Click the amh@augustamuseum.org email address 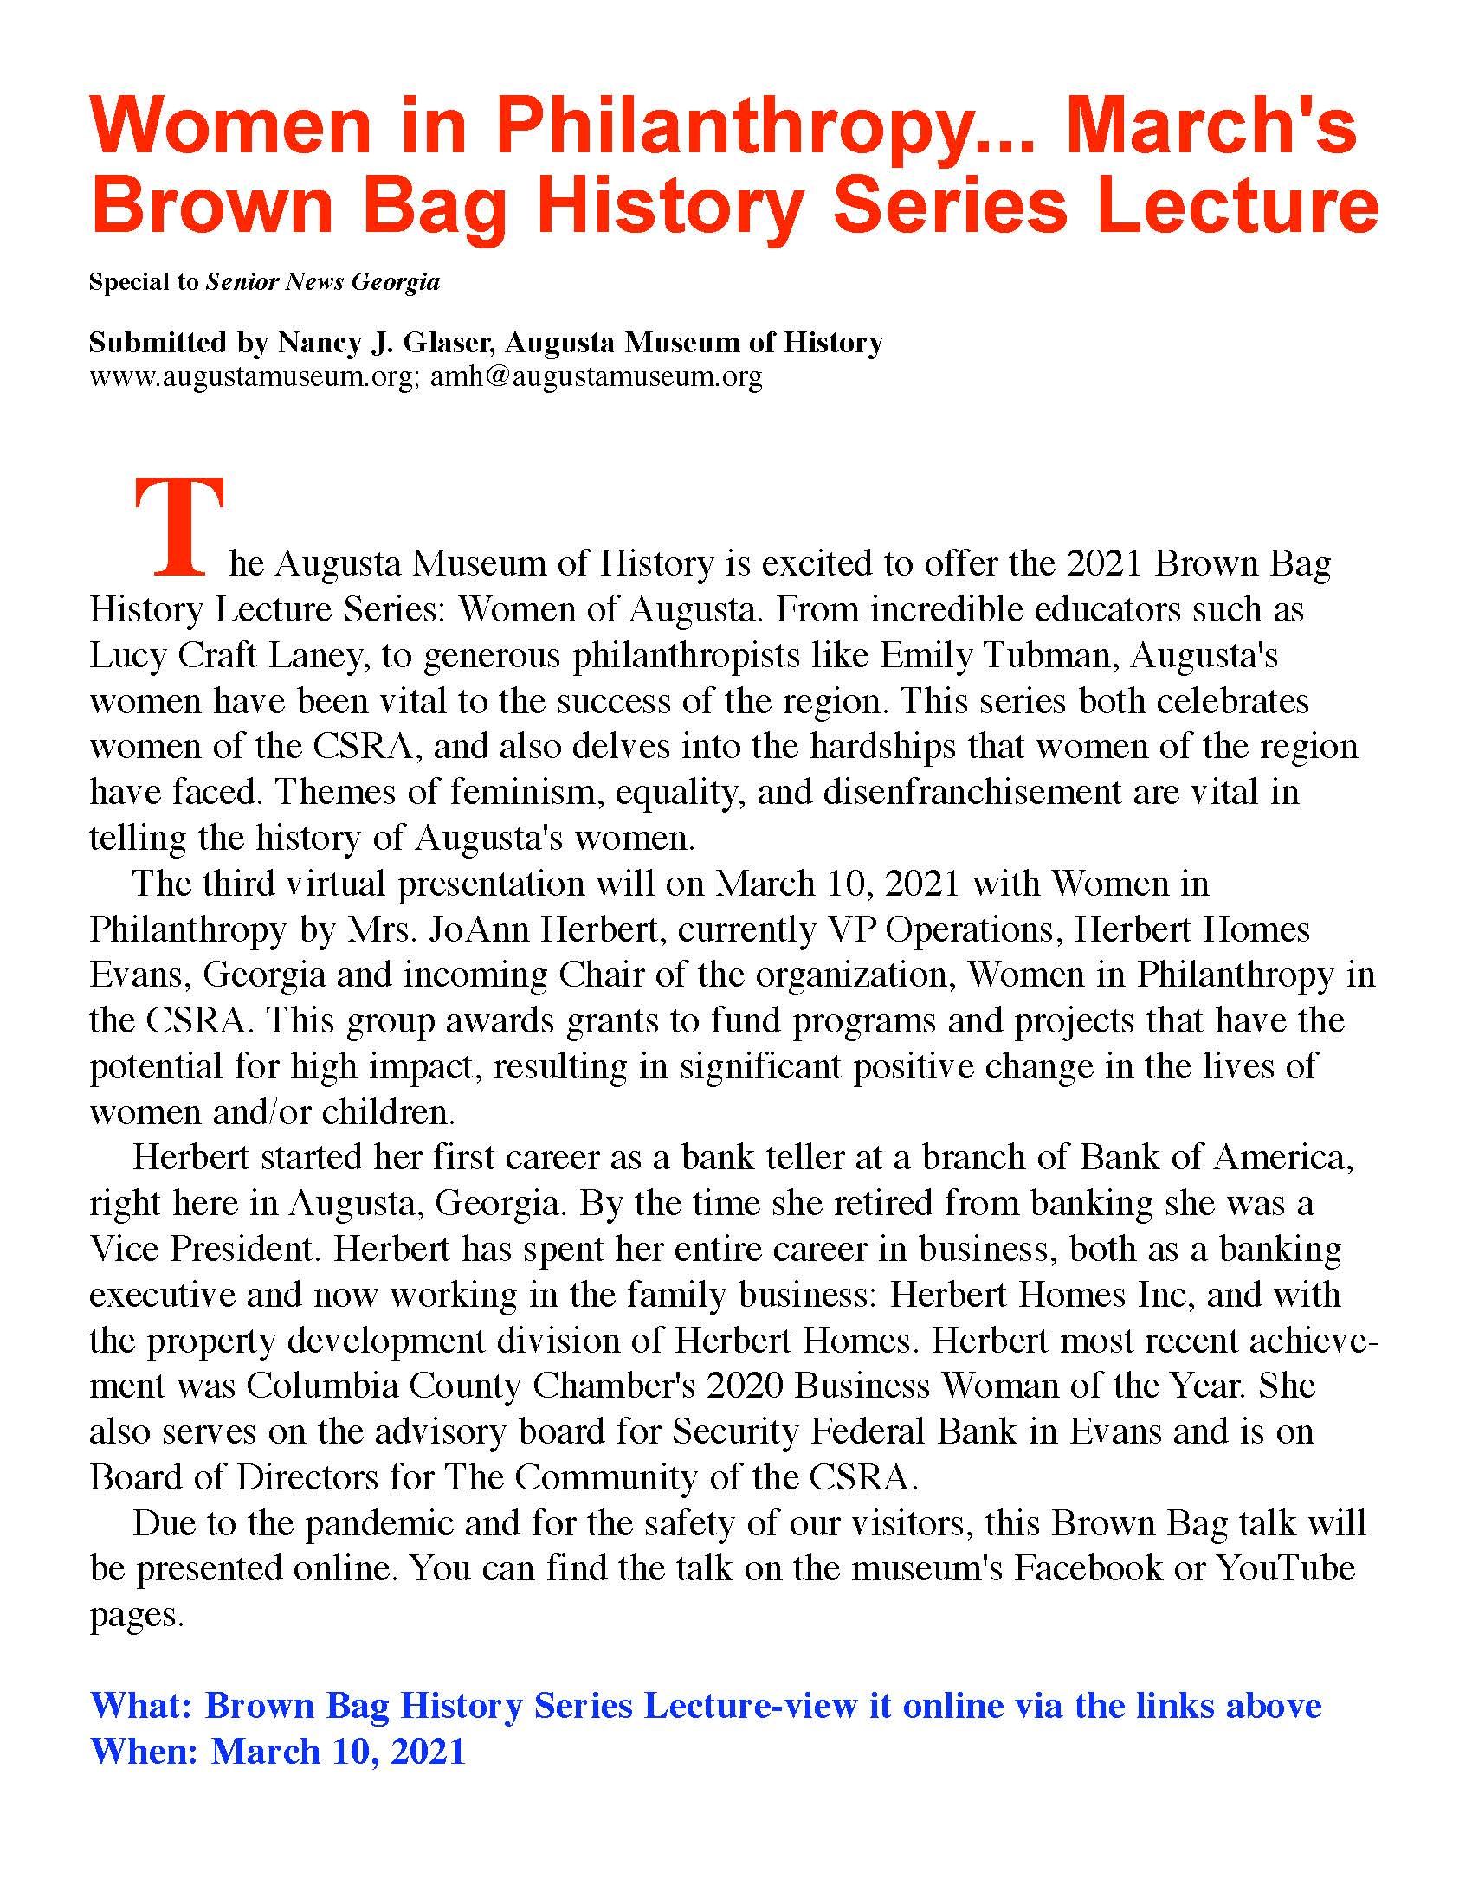click(x=597, y=376)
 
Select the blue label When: click(x=145, y=1752)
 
